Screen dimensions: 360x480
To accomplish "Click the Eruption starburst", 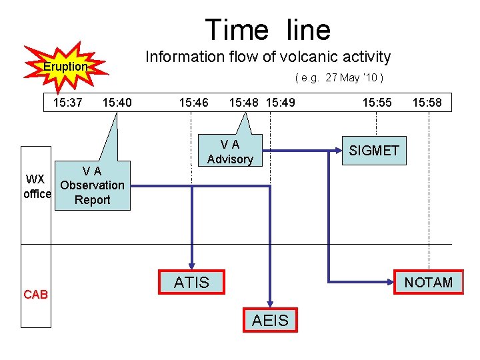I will (x=65, y=67).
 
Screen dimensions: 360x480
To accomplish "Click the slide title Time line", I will (x=267, y=30).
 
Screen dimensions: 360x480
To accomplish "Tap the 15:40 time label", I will (x=117, y=103).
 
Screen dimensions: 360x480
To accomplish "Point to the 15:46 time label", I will (x=193, y=103).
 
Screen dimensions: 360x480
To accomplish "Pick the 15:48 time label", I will (x=244, y=103).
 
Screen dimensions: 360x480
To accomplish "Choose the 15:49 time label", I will (x=281, y=103).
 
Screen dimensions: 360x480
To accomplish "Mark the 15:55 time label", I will (x=377, y=103).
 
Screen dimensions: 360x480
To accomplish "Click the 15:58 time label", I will (x=427, y=103).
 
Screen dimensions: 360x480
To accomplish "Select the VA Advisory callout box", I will (x=230, y=152).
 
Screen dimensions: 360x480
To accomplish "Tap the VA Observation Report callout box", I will (x=92, y=186).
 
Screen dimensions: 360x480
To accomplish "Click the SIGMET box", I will (x=374, y=151).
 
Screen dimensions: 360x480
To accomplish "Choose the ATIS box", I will (x=191, y=282).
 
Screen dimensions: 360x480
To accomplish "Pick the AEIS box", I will (x=270, y=321).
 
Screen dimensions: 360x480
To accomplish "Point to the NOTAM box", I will (x=428, y=282).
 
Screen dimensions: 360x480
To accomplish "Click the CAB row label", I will (x=35, y=295).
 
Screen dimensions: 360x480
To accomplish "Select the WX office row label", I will (x=36, y=187).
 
